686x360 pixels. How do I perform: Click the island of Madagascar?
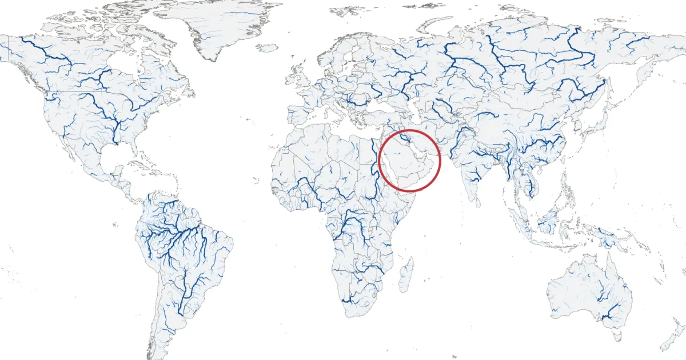405,274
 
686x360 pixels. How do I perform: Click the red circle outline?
410,130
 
